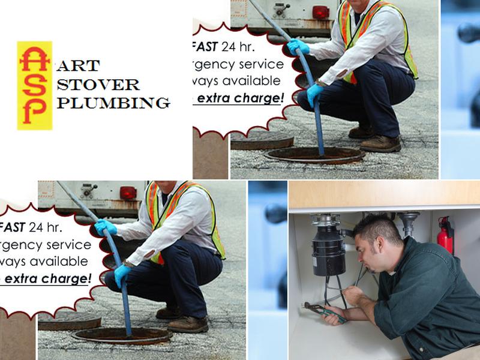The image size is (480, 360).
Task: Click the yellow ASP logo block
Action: click(x=34, y=85)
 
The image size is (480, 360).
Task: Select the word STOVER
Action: click(x=98, y=84)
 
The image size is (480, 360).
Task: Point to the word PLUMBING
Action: click(x=113, y=103)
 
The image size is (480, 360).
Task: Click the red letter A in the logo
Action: click(x=34, y=58)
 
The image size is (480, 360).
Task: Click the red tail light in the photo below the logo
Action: click(x=128, y=193)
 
